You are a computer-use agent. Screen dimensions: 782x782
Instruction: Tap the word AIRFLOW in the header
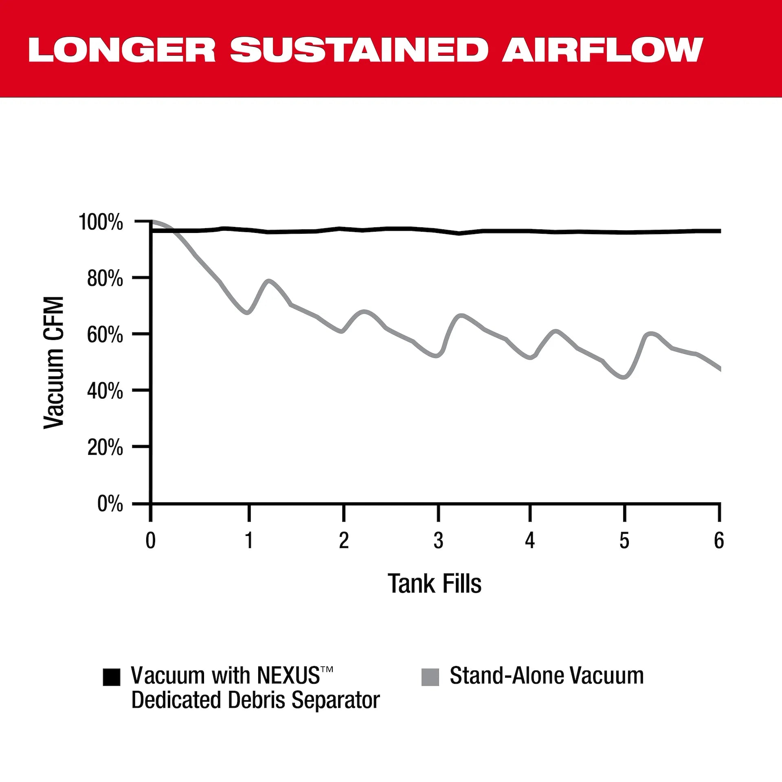[602, 50]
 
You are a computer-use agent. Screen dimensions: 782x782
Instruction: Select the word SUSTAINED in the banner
[358, 50]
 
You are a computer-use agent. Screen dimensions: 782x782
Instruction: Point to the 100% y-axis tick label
[101, 222]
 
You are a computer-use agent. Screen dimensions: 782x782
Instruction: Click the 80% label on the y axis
[105, 279]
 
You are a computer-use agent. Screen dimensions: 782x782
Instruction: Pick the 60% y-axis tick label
[105, 335]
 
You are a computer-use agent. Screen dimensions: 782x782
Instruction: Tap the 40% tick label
[105, 391]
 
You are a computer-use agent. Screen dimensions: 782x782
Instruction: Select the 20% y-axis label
[105, 448]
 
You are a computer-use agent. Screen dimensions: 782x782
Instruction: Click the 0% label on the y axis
[110, 504]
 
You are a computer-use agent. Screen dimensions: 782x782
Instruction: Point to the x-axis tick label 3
[438, 541]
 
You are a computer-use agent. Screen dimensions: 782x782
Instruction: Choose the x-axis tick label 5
[624, 541]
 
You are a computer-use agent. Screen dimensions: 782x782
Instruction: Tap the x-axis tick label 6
[719, 541]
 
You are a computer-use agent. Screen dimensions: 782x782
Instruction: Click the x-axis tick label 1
[249, 541]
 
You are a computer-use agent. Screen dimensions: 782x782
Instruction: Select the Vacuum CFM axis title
[54, 362]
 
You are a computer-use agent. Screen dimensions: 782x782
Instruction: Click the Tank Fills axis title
[434, 584]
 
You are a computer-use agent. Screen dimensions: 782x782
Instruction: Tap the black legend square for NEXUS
[111, 677]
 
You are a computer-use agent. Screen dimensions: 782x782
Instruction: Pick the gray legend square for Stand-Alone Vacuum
[430, 677]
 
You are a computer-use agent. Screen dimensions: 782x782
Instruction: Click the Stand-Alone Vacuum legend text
[547, 676]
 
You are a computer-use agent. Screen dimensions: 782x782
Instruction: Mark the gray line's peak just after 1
[269, 281]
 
